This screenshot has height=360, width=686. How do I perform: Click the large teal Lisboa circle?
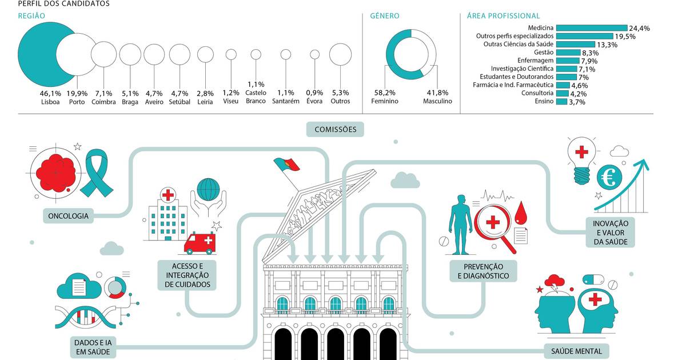37,54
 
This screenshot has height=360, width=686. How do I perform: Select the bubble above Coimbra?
104,54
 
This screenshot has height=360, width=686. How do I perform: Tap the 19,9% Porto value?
77,93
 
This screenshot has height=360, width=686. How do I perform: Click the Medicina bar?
592,28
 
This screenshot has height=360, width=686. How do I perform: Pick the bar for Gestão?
568,53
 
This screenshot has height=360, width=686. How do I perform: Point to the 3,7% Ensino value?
577,102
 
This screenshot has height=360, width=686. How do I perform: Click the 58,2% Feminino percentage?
385,93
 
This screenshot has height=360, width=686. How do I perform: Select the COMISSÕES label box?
335,129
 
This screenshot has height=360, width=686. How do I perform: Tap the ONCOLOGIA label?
68,216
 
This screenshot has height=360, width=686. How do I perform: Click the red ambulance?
200,243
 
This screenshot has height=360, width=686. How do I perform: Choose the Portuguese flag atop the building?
286,165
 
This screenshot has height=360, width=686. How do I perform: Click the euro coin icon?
609,177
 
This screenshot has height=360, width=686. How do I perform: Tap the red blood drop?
521,213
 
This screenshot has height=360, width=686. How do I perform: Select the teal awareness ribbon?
97,173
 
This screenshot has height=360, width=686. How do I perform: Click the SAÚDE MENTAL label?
576,351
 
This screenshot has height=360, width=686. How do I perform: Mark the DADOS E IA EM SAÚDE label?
93,347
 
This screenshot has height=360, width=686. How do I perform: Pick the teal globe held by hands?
208,190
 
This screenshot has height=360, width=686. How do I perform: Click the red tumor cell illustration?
55,173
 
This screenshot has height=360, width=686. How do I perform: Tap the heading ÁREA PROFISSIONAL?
503,16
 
